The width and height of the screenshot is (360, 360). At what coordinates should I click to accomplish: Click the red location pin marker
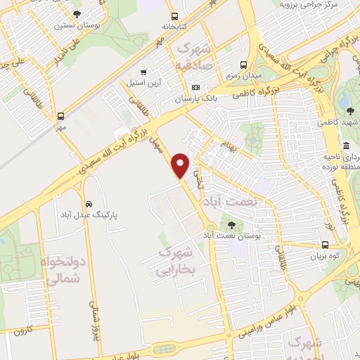(181, 165)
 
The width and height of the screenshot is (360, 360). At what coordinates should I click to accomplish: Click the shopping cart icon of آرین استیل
(144, 72)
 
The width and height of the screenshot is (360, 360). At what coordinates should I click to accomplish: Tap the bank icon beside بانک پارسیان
(195, 87)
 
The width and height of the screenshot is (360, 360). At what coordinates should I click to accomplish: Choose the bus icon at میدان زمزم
(243, 61)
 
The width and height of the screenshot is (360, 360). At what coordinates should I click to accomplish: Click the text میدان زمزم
(243, 74)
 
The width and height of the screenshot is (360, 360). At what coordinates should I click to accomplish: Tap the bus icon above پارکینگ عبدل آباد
(86, 198)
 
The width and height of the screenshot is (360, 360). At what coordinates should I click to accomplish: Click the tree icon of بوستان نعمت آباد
(231, 225)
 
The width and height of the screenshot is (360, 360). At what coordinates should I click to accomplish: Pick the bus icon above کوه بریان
(324, 245)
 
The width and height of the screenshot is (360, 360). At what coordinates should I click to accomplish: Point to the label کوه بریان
(324, 257)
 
